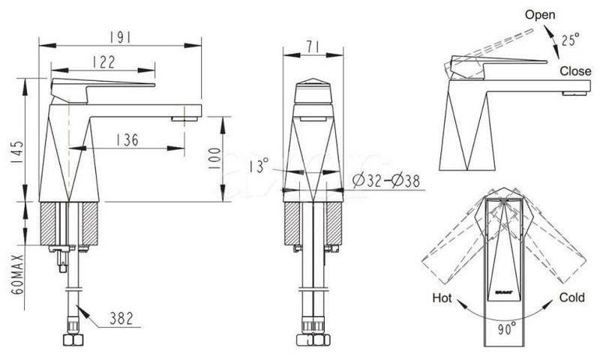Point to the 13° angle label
coord(259,166)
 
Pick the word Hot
coord(442,298)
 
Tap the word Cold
coord(571,298)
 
